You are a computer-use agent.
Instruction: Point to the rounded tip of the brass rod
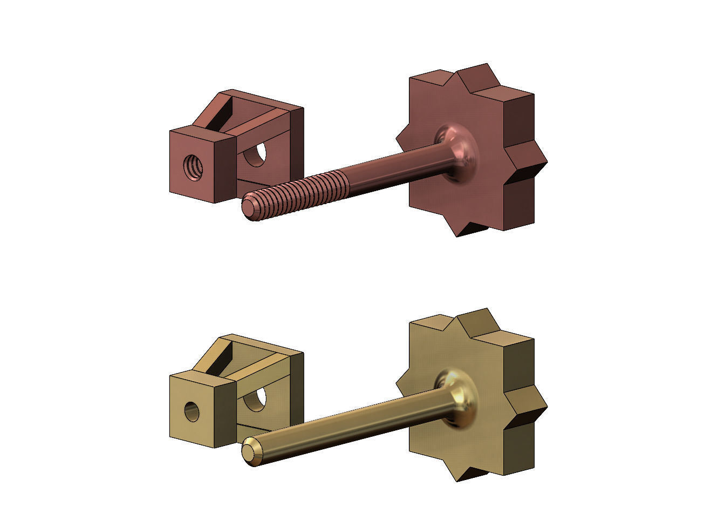(250, 451)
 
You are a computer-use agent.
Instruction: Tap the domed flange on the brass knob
(460, 398)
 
